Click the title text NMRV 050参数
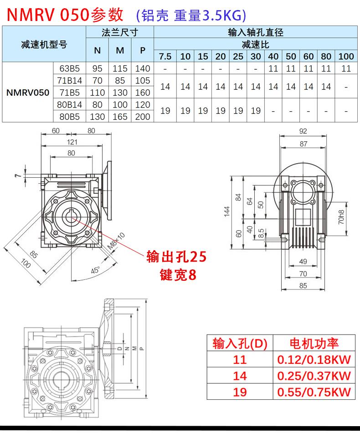click(x=64, y=15)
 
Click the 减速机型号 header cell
click(x=44, y=45)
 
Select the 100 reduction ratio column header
click(x=346, y=57)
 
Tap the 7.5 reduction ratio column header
click(x=165, y=57)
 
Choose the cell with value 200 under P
click(x=143, y=117)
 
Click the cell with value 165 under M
click(x=120, y=117)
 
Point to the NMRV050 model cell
click(x=28, y=93)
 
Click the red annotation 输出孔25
click(x=176, y=258)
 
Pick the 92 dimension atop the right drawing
click(x=303, y=131)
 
